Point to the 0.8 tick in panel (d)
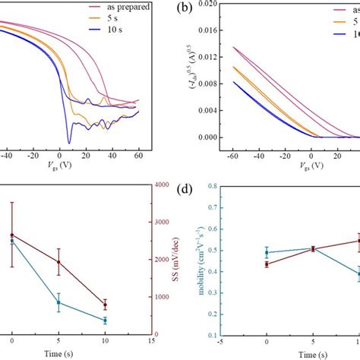click(x=211, y=185)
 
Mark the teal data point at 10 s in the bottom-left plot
click(x=105, y=321)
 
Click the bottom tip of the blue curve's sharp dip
click(x=69, y=143)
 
